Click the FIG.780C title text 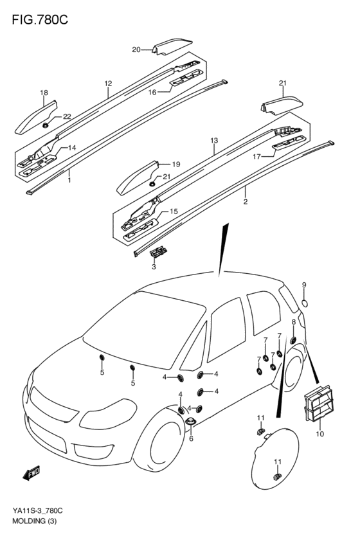tap(40, 20)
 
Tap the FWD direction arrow tap(32, 473)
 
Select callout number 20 tap(136, 50)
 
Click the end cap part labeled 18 tap(36, 118)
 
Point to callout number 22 tap(67, 117)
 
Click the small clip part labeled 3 tap(159, 251)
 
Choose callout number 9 tap(304, 285)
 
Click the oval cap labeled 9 tap(305, 303)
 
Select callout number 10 tap(320, 434)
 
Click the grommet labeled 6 tap(190, 422)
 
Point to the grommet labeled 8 tap(293, 340)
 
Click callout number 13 tap(214, 141)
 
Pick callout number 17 tap(256, 157)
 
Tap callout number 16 tap(152, 93)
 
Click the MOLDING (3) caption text tap(34, 521)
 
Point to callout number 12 tap(108, 84)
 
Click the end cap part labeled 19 tap(138, 178)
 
